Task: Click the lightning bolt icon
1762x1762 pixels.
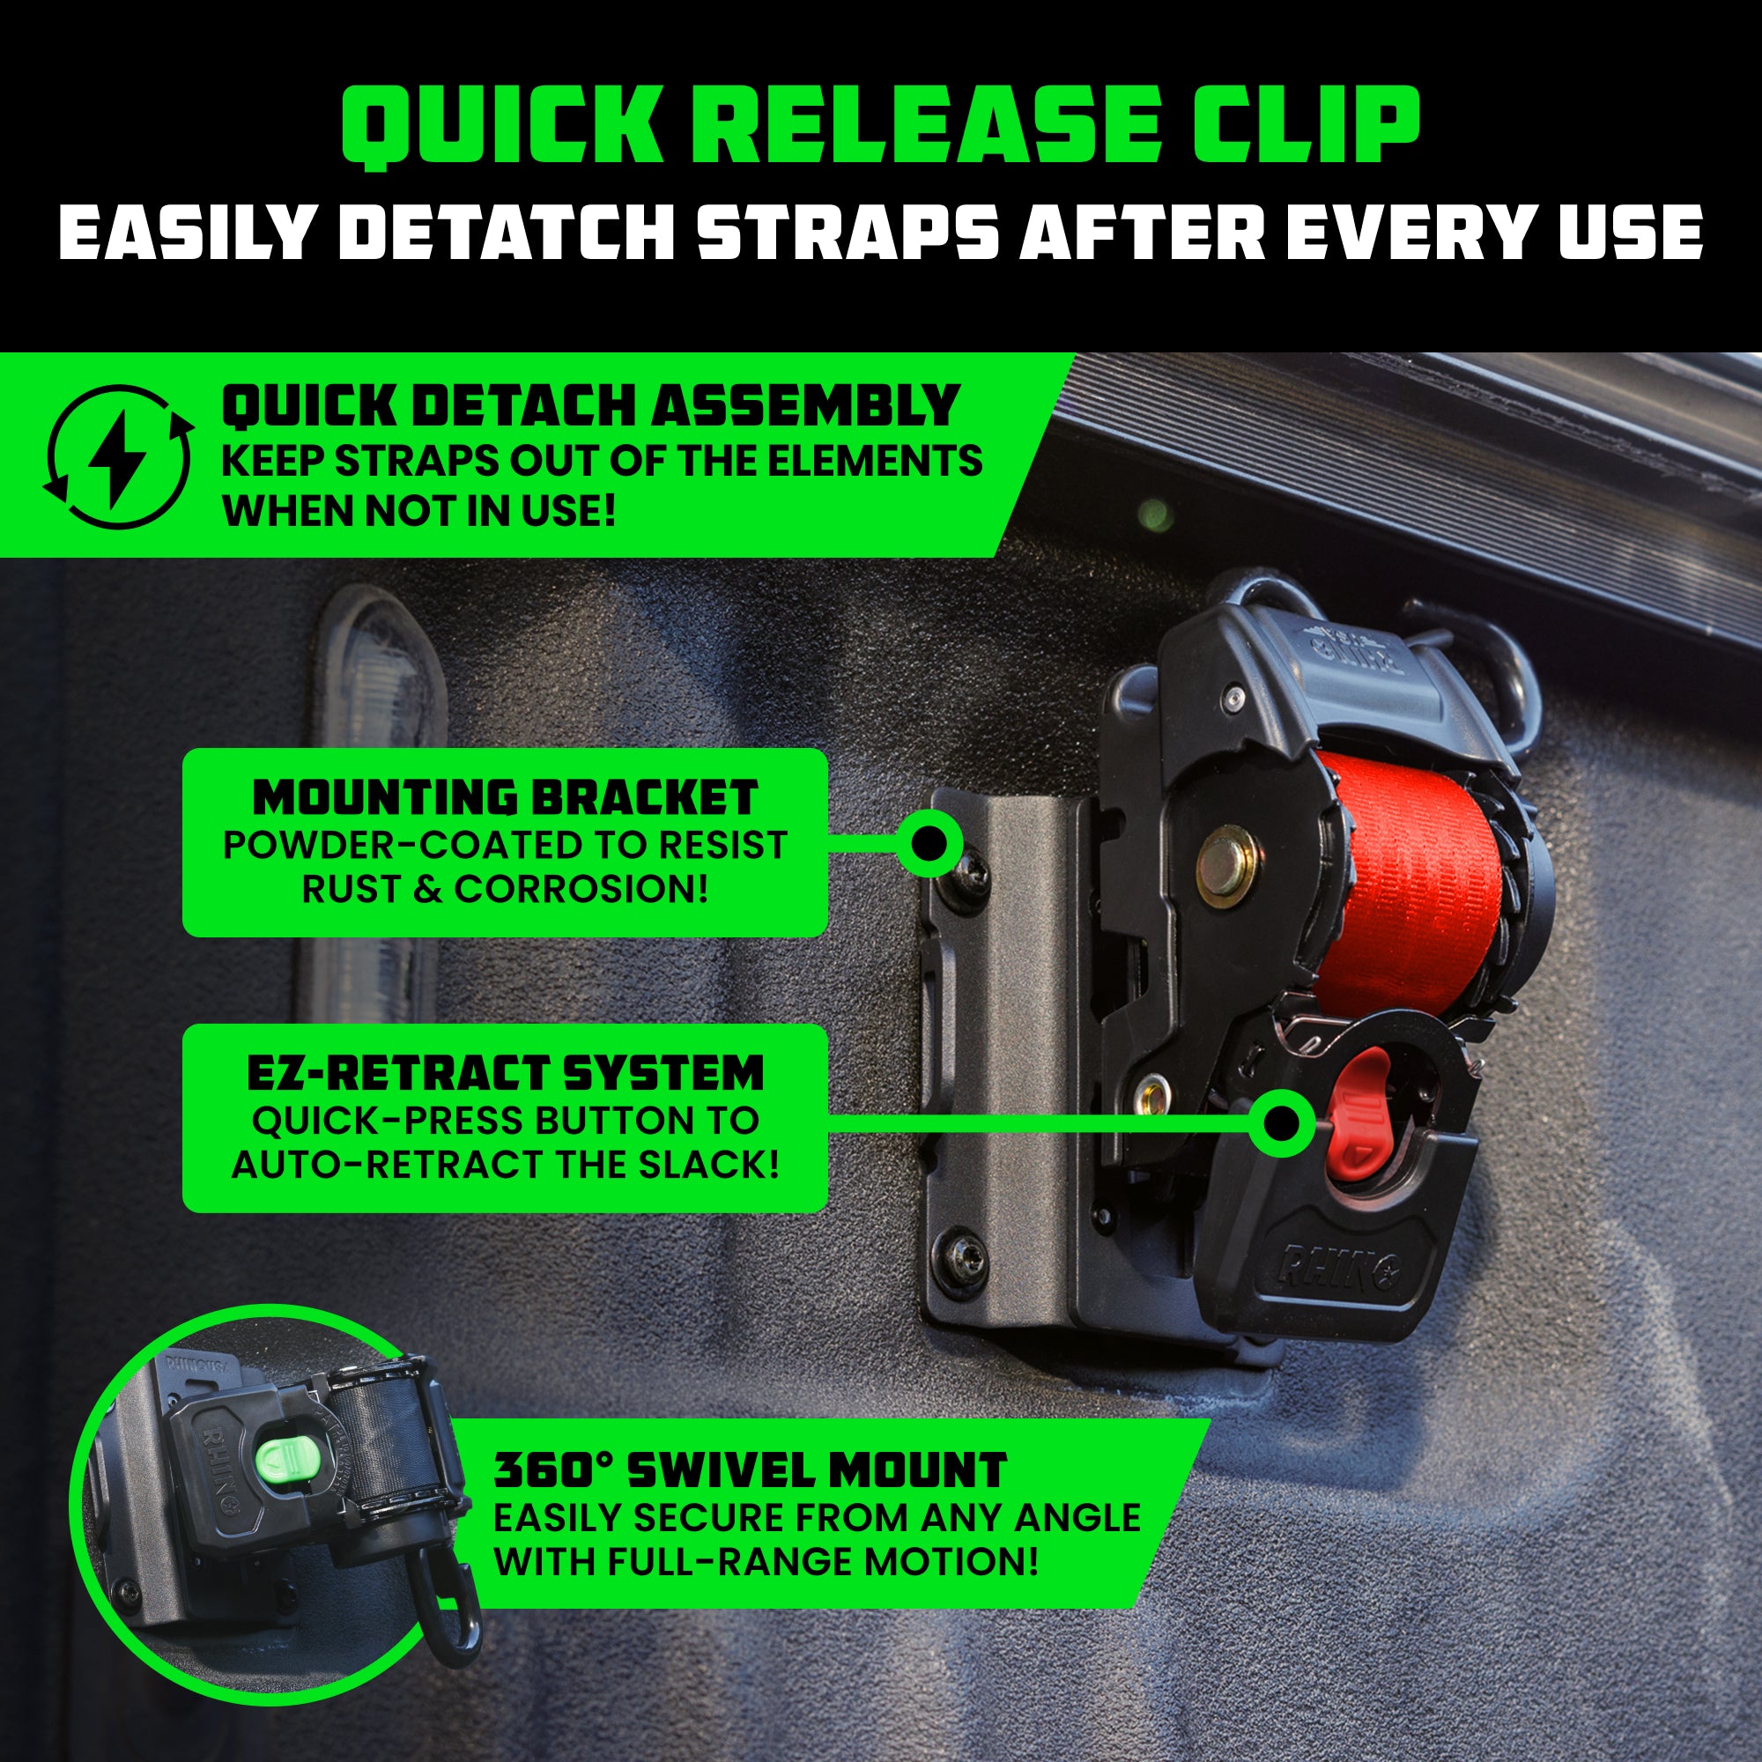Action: pos(119,457)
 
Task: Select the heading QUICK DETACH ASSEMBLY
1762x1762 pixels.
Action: pos(590,406)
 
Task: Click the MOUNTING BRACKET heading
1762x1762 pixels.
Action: pos(504,797)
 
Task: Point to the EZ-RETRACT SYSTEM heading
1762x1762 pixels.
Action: pos(504,1072)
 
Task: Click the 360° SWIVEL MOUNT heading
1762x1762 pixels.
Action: pos(750,1470)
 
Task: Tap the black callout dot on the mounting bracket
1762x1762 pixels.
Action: pos(929,844)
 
